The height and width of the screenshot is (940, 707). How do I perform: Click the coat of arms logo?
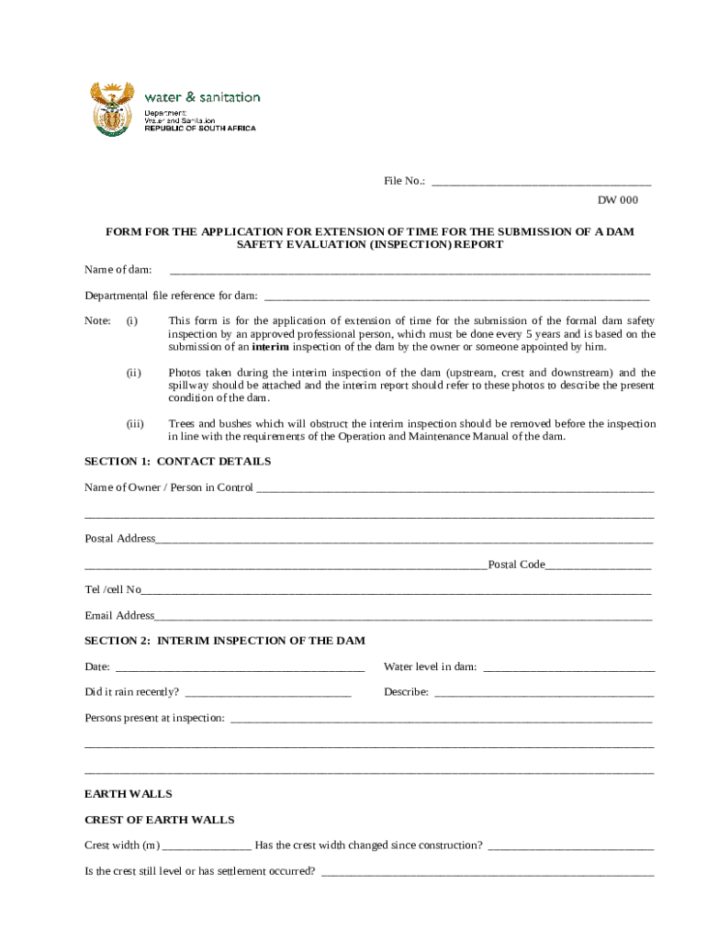(x=111, y=109)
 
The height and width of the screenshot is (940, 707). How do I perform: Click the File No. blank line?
(x=541, y=183)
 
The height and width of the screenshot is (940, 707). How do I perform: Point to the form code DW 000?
(x=617, y=200)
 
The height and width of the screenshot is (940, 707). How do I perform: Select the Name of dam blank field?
(x=410, y=272)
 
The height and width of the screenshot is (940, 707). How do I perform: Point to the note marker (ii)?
(x=133, y=373)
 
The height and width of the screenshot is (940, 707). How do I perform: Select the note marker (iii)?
(x=135, y=424)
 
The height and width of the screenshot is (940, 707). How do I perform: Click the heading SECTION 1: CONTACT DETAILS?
(x=177, y=462)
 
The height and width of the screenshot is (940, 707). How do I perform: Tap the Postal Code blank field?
(x=599, y=566)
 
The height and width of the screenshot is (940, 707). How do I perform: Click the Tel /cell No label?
(x=113, y=589)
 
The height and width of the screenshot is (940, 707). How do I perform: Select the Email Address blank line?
(x=403, y=618)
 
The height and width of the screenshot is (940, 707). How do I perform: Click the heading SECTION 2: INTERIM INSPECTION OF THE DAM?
(x=224, y=640)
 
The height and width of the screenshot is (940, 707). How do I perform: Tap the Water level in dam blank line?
(x=568, y=668)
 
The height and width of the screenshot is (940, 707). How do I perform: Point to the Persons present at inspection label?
(x=154, y=718)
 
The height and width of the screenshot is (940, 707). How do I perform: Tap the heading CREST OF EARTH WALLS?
(x=159, y=820)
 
